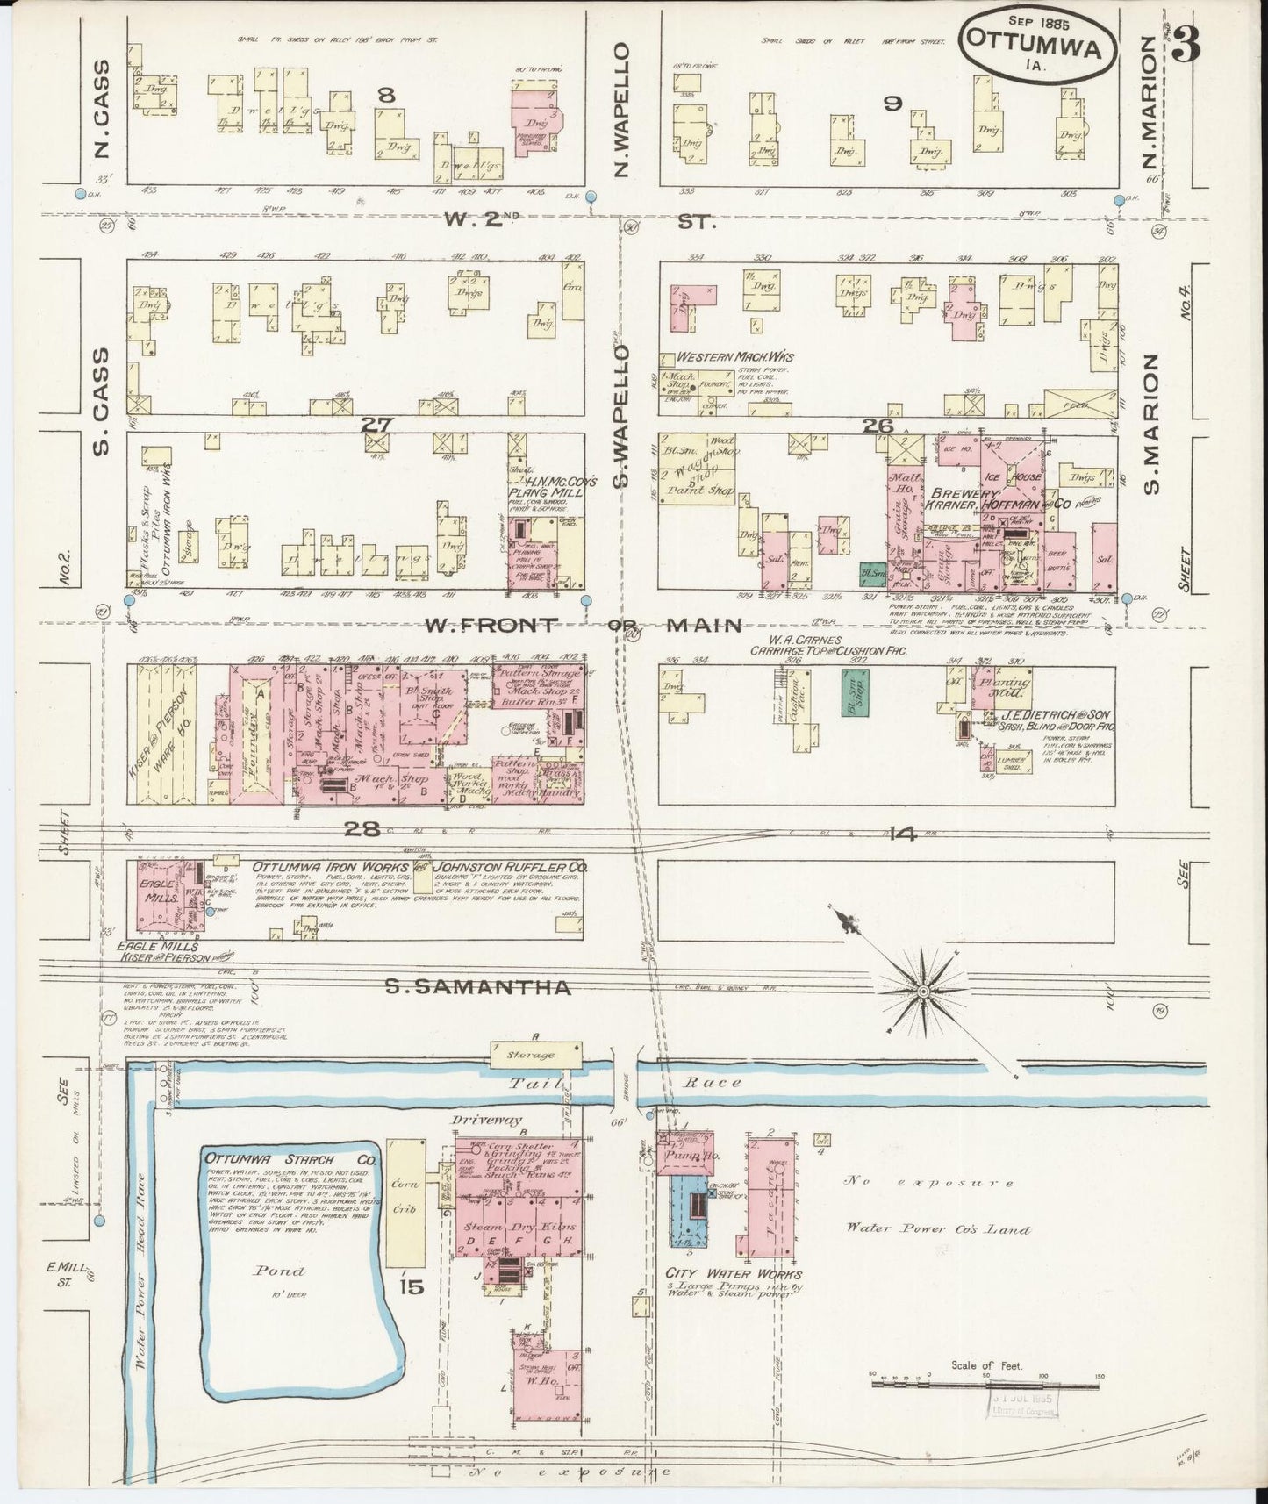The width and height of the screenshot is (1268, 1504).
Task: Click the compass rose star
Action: pyautogui.click(x=923, y=990)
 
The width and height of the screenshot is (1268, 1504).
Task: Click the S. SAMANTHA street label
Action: pyautogui.click(x=479, y=988)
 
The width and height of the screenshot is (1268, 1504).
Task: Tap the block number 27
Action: pyautogui.click(x=377, y=424)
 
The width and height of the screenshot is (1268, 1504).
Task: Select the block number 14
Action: pyautogui.click(x=901, y=834)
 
